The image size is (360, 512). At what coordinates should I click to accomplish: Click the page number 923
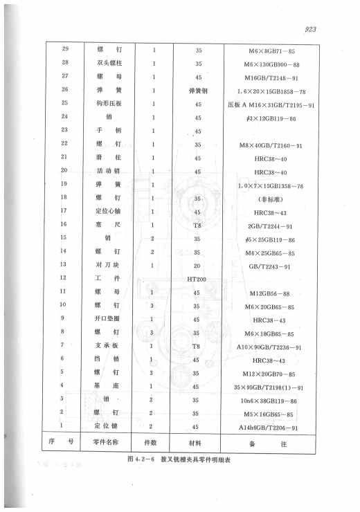pos(325,28)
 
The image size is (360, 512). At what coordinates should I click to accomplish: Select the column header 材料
pos(198,441)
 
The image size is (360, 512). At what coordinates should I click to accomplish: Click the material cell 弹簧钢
pos(198,90)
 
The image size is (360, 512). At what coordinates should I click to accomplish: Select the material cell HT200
pos(198,277)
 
